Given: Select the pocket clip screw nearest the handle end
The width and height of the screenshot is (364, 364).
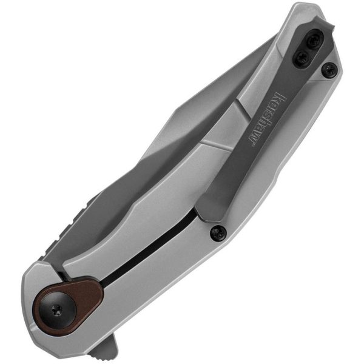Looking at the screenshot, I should [x=314, y=41].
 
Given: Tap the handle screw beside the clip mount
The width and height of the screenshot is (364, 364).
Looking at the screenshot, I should [x=329, y=70].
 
